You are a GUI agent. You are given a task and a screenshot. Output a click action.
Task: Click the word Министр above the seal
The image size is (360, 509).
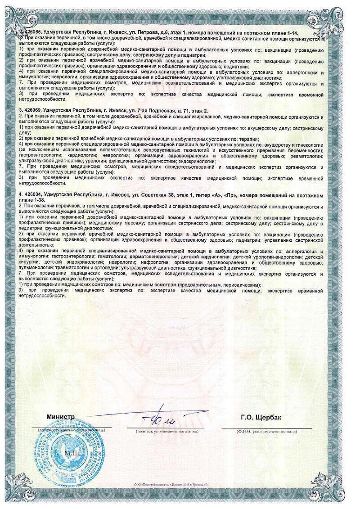61,417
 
